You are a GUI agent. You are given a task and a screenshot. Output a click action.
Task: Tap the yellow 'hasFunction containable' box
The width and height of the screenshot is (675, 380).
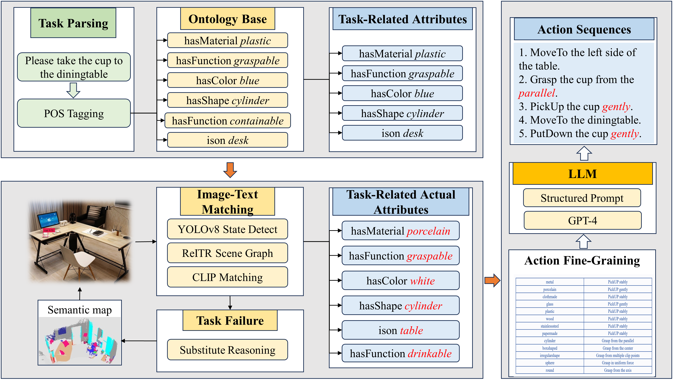(227, 121)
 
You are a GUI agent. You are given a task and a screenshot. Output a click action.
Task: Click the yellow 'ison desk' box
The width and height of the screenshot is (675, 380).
(227, 140)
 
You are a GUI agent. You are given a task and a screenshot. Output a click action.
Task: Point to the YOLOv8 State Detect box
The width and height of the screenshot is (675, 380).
(227, 229)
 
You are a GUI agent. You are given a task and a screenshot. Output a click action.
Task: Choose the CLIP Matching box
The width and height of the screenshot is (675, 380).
(227, 277)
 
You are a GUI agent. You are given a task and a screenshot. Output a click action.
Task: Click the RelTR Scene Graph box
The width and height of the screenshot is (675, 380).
(227, 253)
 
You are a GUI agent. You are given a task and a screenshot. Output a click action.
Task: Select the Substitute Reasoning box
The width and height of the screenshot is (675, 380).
(227, 350)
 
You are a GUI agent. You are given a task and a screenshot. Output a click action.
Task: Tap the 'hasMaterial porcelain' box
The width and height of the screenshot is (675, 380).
(400, 231)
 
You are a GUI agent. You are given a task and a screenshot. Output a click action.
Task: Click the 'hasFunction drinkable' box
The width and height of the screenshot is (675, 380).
(400, 353)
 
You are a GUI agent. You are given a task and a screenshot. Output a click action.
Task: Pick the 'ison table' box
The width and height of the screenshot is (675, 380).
(400, 330)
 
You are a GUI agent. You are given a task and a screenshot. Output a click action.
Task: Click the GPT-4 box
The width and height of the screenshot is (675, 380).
(582, 221)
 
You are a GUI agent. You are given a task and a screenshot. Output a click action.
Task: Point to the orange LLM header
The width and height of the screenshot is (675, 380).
(582, 174)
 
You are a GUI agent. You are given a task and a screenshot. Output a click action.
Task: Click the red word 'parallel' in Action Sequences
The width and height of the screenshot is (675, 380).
(537, 93)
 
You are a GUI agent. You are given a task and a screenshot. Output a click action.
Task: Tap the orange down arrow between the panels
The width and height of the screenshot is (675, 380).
(230, 170)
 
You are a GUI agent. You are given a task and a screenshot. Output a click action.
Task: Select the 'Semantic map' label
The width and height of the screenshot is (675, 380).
(80, 310)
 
